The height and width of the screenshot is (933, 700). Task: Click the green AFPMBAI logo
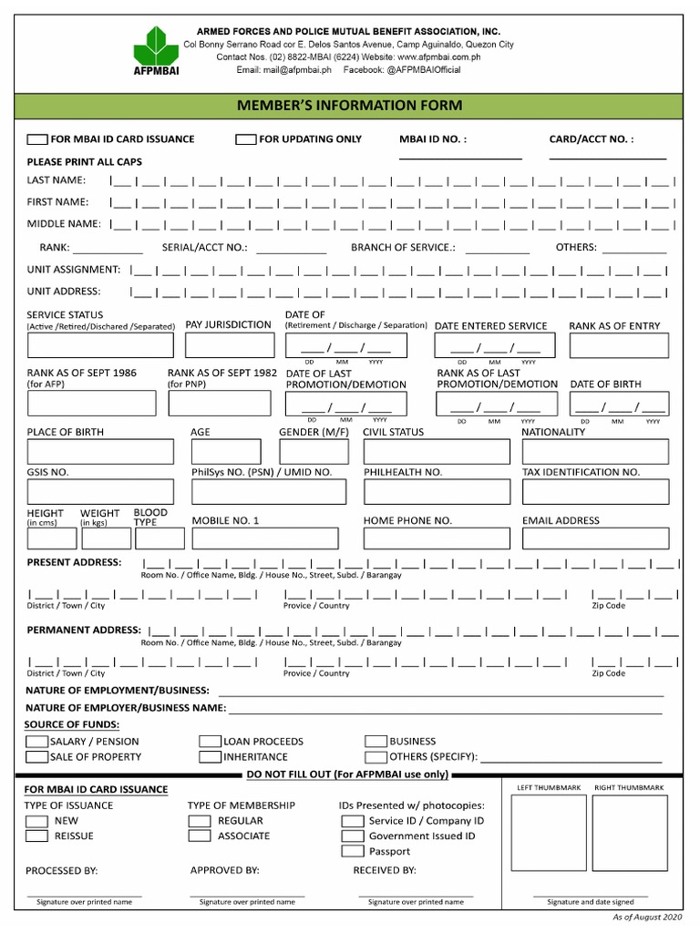click(x=158, y=50)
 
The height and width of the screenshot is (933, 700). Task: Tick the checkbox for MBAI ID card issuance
click(x=37, y=139)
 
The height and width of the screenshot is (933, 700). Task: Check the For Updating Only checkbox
click(x=245, y=139)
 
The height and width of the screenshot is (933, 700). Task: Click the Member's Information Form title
click(x=350, y=107)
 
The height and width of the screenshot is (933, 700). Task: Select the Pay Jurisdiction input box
click(x=230, y=345)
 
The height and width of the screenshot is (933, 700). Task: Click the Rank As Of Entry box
click(x=614, y=346)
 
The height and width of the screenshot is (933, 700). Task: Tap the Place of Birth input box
click(x=100, y=452)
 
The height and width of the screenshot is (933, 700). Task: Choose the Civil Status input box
click(x=437, y=452)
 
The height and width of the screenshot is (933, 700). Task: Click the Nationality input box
click(x=594, y=452)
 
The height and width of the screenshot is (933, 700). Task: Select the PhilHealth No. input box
click(x=437, y=492)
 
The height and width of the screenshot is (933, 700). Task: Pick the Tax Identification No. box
click(x=594, y=492)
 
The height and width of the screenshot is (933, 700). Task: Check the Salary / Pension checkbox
click(x=37, y=742)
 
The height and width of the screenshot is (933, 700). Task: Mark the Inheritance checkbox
click(x=210, y=757)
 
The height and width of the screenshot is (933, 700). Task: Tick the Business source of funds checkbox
click(x=376, y=742)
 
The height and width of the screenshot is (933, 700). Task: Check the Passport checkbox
click(x=353, y=851)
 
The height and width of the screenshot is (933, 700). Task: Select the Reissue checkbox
click(x=37, y=836)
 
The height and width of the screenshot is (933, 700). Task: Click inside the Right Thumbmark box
click(x=629, y=834)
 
